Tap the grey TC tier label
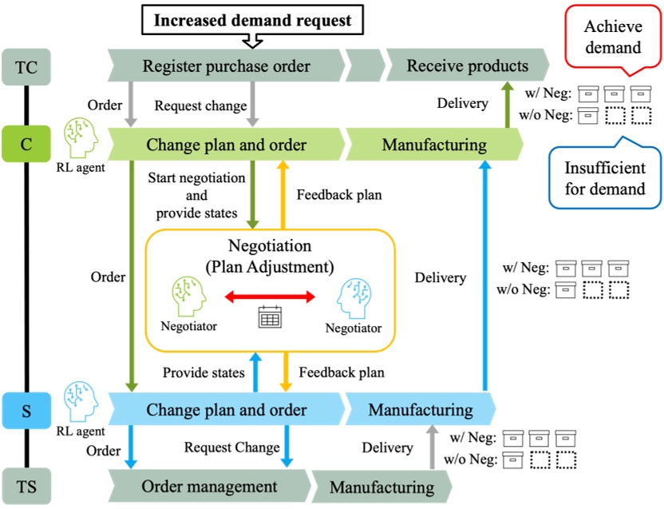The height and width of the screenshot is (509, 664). coord(25,66)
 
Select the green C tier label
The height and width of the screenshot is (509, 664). coord(25,145)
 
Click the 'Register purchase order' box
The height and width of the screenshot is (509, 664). coord(226,66)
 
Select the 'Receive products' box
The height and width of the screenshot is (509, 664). coord(467,66)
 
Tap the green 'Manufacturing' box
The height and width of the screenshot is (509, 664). coord(434,145)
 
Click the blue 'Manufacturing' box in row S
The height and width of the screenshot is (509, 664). coord(421,410)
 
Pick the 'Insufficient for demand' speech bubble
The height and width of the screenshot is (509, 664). coord(604,178)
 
